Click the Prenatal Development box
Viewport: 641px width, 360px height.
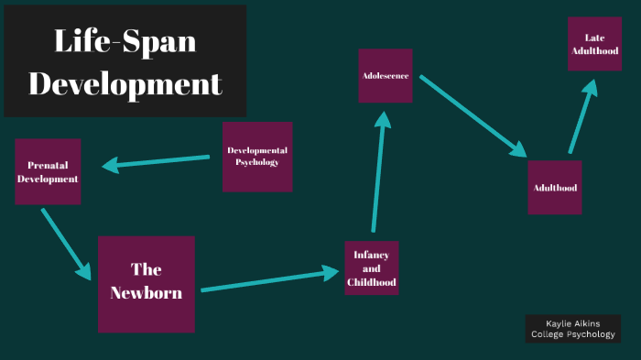pos(48,171)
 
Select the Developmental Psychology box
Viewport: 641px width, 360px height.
pos(257,157)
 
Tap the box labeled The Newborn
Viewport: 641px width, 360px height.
pos(147,284)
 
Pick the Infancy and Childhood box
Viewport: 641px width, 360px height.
pos(372,268)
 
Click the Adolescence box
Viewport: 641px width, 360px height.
pos(385,75)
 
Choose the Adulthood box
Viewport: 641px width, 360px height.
pos(554,187)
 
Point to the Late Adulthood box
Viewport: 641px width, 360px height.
pos(594,43)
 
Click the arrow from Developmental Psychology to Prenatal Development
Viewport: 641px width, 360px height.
pos(156,163)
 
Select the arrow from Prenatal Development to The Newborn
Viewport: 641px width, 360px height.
pos(66,245)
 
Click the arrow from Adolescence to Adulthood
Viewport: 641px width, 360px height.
pos(473,116)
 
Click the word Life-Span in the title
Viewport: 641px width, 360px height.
pos(125,40)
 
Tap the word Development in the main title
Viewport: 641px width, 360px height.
pos(125,83)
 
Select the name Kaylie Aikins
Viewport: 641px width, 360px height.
pos(572,323)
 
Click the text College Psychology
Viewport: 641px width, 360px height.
pos(572,335)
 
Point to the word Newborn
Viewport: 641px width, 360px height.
pos(147,294)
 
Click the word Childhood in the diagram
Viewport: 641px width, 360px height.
pos(372,282)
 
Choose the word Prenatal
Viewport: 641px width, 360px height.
pos(48,165)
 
